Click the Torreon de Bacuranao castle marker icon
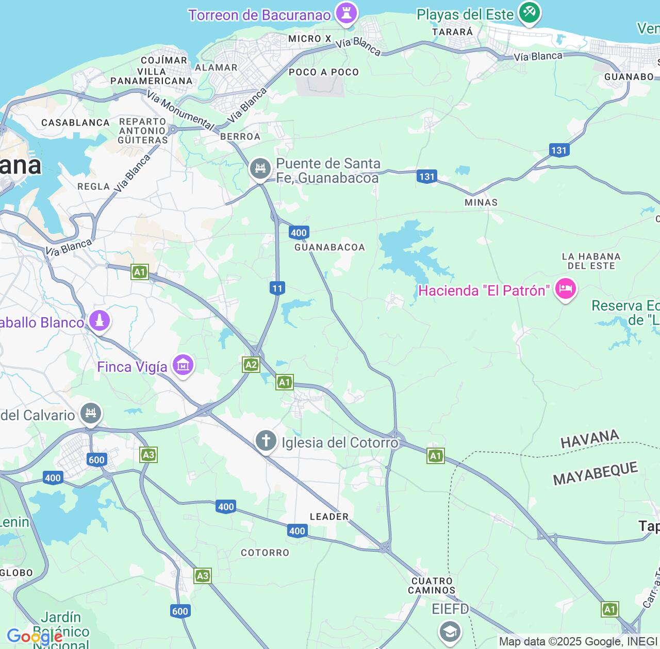(346, 13)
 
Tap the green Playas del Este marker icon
(529, 12)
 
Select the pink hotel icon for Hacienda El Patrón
(565, 289)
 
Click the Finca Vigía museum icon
(183, 365)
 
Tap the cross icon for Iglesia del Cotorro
(266, 441)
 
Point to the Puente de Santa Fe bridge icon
(260, 169)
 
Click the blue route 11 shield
(277, 288)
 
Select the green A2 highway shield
(251, 365)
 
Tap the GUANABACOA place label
(329, 247)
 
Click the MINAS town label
(481, 202)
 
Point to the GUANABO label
(629, 77)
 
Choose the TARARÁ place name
(452, 32)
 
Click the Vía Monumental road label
(180, 110)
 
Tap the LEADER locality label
(329, 517)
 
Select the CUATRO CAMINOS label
(432, 586)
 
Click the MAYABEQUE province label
(596, 474)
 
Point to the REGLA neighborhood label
(93, 186)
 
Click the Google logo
(35, 637)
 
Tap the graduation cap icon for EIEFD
(450, 630)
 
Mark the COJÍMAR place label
(164, 60)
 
